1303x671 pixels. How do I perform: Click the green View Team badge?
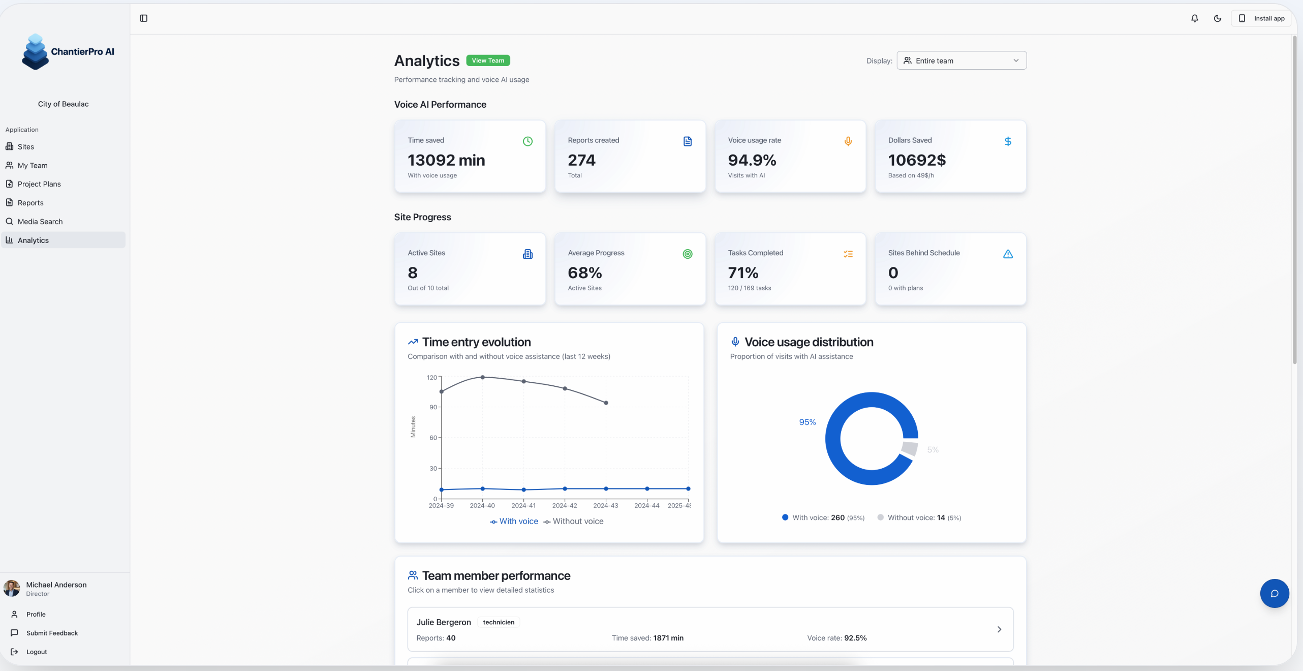click(487, 60)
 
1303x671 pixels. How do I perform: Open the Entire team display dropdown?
click(961, 60)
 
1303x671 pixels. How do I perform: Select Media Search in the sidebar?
click(40, 222)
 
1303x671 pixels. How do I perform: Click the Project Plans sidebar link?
click(39, 184)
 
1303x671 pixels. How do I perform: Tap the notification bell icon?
click(1194, 18)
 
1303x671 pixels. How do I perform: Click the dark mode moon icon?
click(1217, 18)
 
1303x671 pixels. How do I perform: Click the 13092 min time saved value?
click(446, 160)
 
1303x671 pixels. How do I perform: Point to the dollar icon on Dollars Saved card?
click(1007, 141)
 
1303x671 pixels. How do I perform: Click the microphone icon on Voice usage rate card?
click(848, 141)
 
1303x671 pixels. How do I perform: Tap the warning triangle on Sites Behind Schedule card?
click(1007, 254)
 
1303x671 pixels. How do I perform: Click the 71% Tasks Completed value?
click(742, 273)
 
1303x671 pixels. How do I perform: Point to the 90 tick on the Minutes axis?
click(433, 407)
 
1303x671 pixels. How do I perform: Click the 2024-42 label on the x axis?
click(564, 505)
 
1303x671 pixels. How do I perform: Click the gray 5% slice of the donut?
click(909, 448)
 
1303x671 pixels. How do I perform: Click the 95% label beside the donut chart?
click(806, 422)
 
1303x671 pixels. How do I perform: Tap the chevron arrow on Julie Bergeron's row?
click(999, 629)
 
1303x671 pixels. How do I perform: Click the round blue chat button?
click(1274, 593)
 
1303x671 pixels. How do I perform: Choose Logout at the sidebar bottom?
click(36, 652)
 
